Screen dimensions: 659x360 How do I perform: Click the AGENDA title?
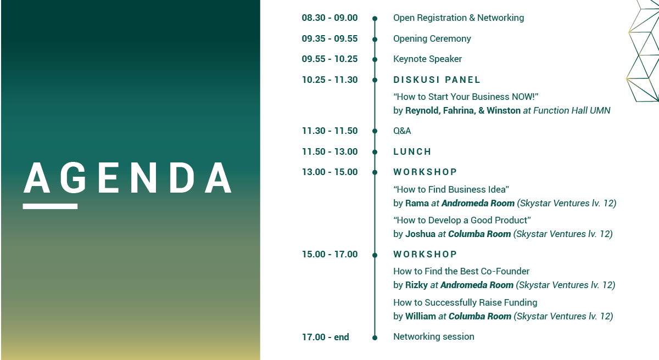pos(127,177)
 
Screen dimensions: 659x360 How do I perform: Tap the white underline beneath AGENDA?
pos(50,206)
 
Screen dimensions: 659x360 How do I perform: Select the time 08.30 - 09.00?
pos(329,18)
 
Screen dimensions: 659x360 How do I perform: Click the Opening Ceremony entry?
pos(432,39)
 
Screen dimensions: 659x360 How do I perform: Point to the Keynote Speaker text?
pos(427,59)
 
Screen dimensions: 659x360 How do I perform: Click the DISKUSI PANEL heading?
pos(437,80)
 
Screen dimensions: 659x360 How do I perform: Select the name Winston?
pos(504,110)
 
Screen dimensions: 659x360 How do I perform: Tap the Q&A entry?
pos(402,131)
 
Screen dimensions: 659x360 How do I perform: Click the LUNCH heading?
pos(412,151)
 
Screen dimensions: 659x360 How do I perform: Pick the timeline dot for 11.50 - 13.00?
pos(375,152)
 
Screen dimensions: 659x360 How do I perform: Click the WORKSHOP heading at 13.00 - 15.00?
pos(425,172)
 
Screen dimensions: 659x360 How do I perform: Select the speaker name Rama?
pos(417,204)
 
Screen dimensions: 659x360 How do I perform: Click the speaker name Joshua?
pos(420,234)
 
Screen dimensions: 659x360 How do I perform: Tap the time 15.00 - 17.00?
pos(330,254)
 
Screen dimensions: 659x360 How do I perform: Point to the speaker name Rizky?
pos(416,285)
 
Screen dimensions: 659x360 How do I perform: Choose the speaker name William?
pos(421,316)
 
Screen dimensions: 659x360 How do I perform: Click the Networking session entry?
pos(434,336)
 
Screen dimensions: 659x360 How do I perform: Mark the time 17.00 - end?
pos(325,337)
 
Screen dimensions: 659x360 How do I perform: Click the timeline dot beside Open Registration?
pos(375,19)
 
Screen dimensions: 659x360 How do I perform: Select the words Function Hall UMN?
pos(572,110)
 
